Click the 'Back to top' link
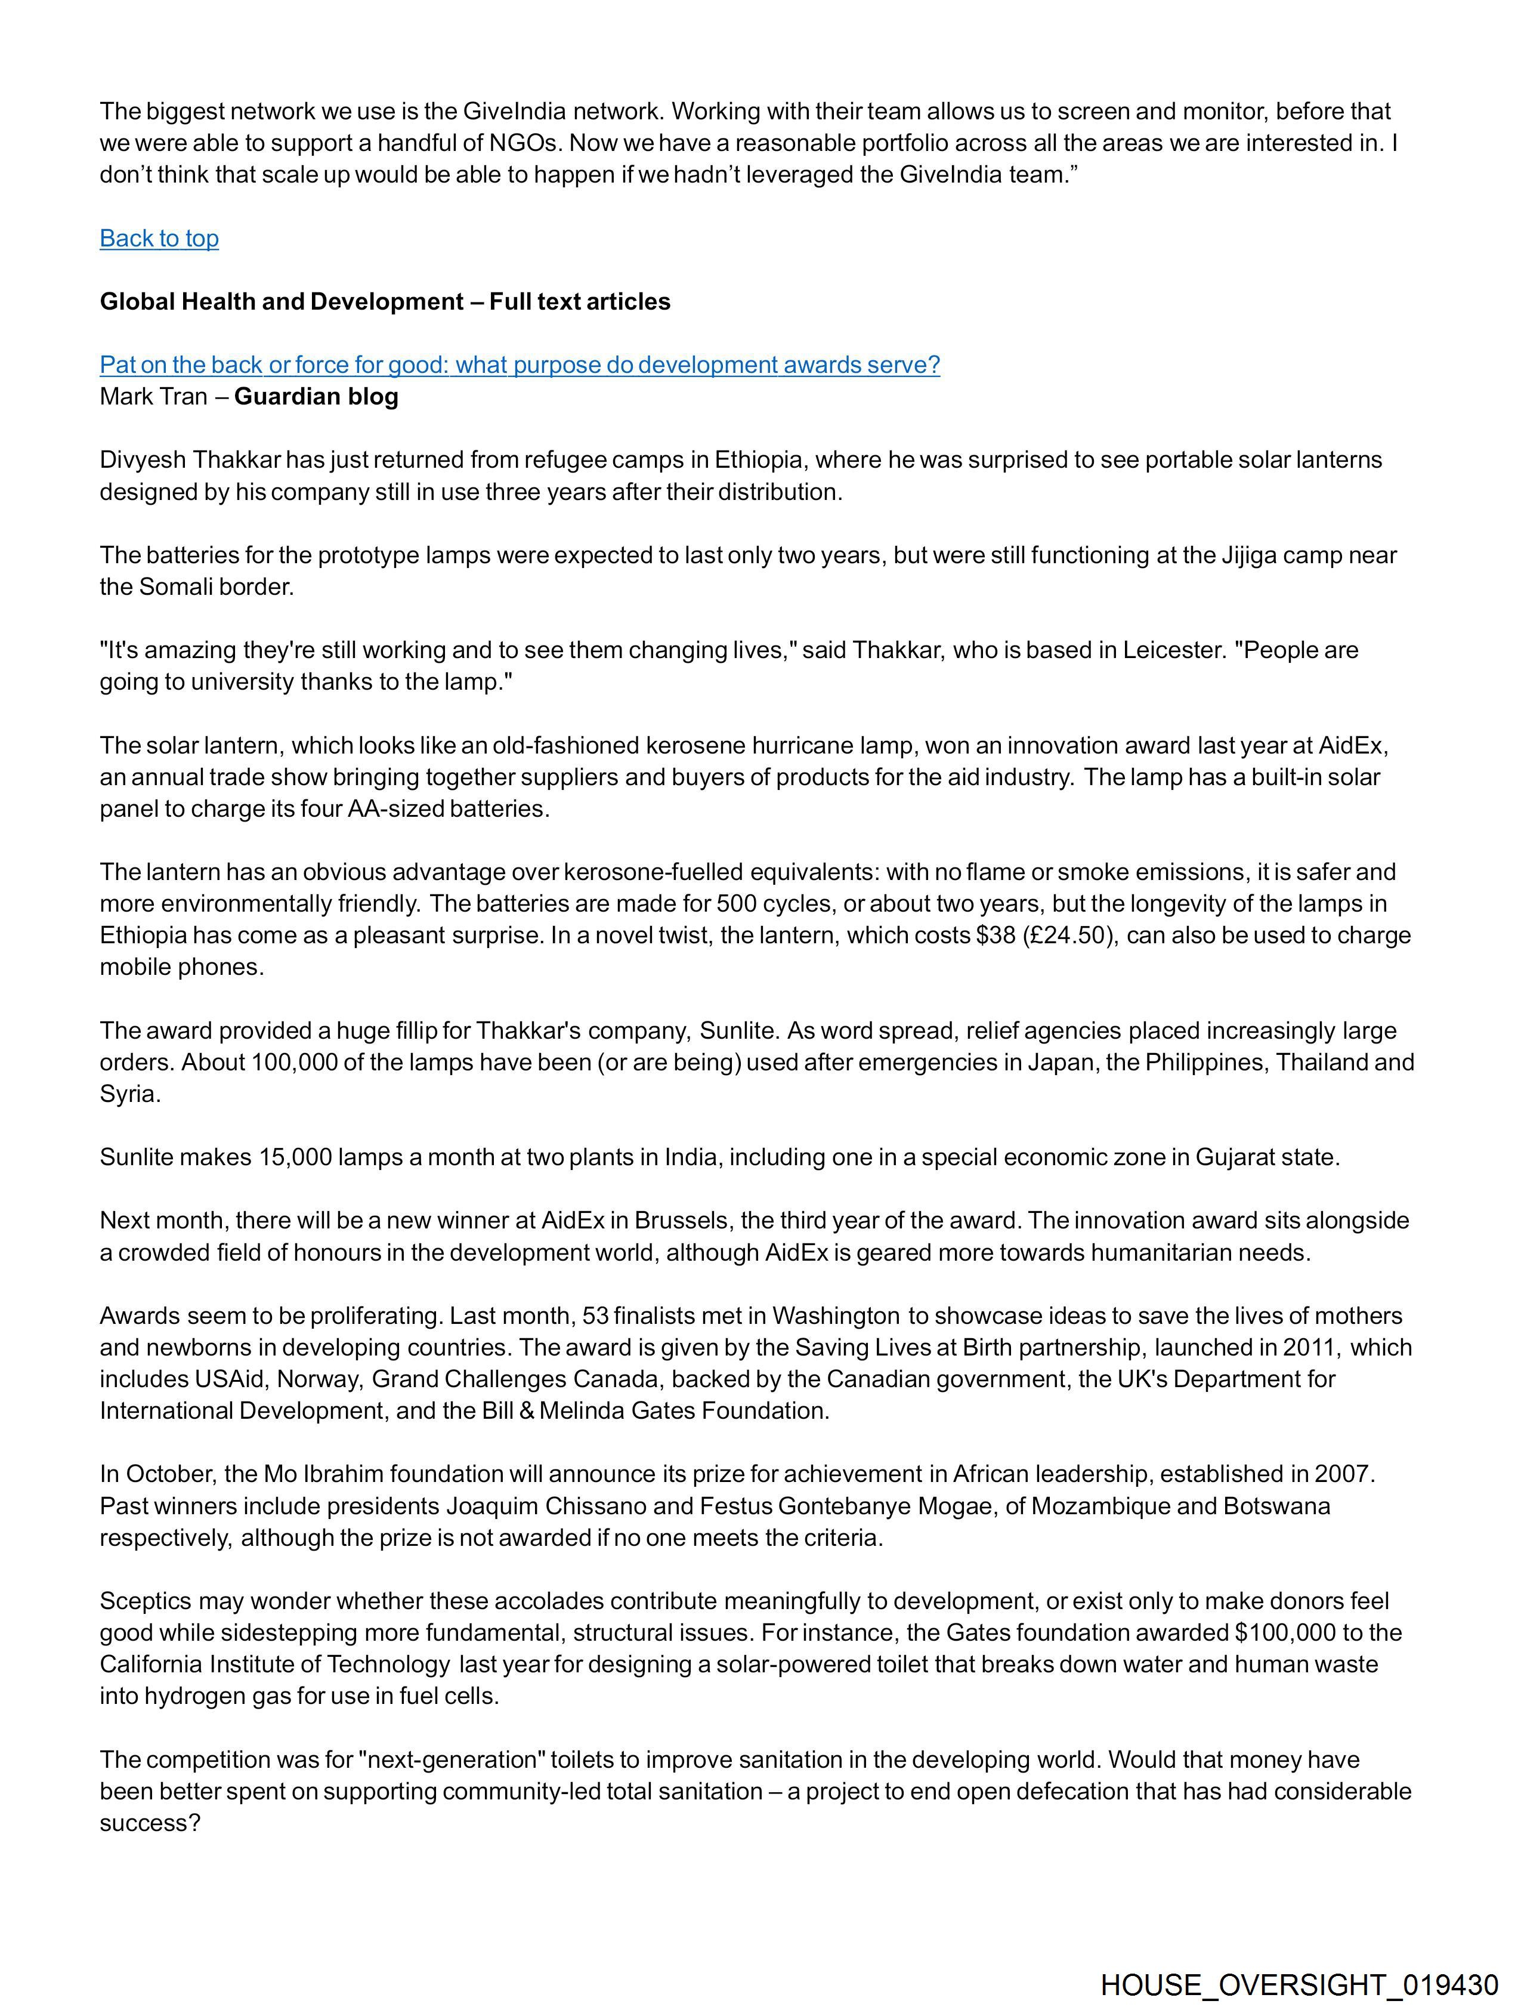tap(159, 238)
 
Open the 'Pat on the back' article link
tap(520, 365)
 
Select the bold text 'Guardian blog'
tap(316, 397)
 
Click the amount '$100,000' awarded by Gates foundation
tap(1285, 1633)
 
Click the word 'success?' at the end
tap(150, 1823)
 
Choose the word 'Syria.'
tap(130, 1094)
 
